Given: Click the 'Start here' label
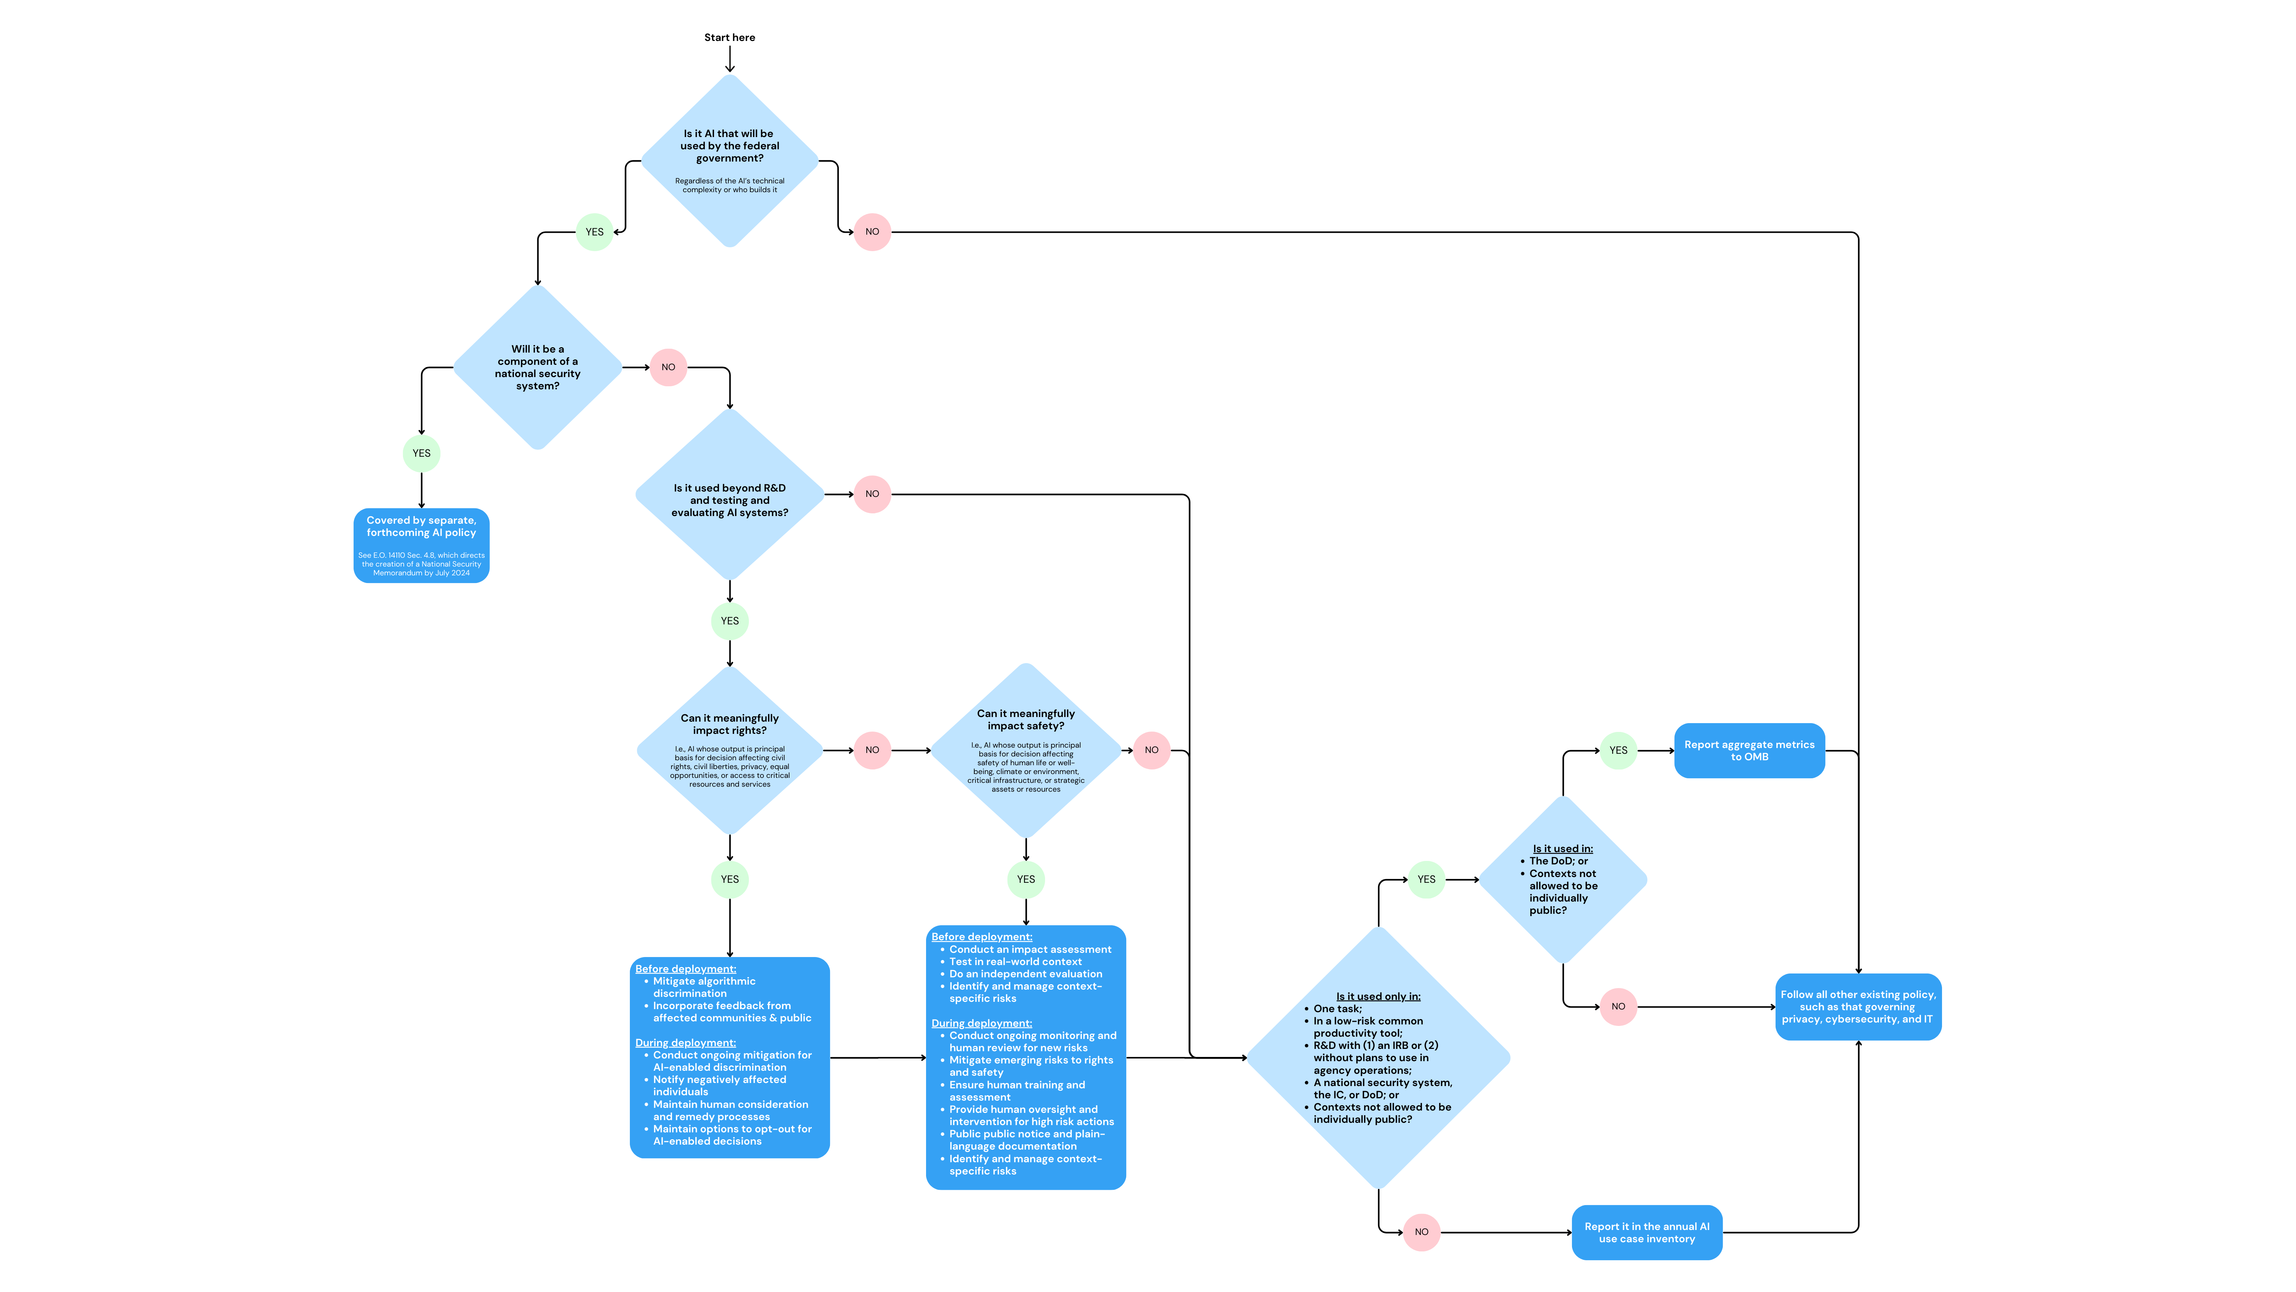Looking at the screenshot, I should [x=729, y=38].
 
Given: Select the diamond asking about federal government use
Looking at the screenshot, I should [x=729, y=160].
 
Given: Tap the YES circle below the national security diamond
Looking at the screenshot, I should [x=422, y=453].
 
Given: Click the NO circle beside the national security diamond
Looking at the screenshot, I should [x=668, y=368].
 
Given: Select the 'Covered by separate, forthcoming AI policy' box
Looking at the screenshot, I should [x=422, y=545].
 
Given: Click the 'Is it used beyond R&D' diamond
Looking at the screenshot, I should [x=729, y=495].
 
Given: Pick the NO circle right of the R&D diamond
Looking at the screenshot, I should [x=872, y=494].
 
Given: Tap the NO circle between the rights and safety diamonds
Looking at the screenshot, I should [x=872, y=750].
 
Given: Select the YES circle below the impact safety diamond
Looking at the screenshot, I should [x=1026, y=879].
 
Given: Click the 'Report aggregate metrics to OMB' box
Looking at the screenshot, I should [x=1749, y=751].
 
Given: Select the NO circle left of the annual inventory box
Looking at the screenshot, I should [x=1422, y=1232].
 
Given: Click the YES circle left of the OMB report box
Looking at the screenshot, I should [x=1618, y=751].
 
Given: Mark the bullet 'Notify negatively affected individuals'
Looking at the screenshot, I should [x=719, y=1085].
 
